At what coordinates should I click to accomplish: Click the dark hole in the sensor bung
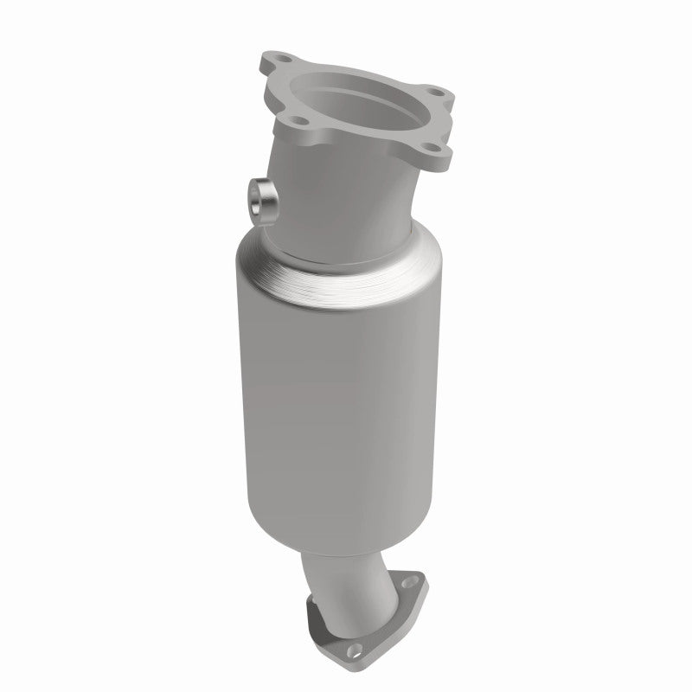pyautogui.click(x=260, y=199)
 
